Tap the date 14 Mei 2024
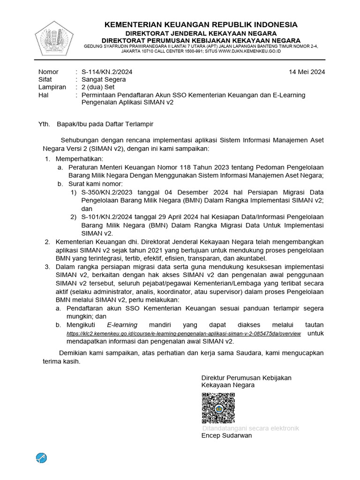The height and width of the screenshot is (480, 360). [307, 72]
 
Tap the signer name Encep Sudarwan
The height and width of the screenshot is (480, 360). [226, 435]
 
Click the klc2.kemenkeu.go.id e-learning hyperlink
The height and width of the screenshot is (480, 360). [184, 333]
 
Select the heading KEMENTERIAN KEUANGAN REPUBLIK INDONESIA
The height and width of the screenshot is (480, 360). [201, 24]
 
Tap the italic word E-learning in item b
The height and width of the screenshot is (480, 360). [122, 325]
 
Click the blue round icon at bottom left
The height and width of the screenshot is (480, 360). [42, 457]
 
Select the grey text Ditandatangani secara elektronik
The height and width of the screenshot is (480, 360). [250, 428]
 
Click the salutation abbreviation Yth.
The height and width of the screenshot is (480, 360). [44, 124]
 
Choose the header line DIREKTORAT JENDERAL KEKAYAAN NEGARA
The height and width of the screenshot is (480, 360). [201, 33]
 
